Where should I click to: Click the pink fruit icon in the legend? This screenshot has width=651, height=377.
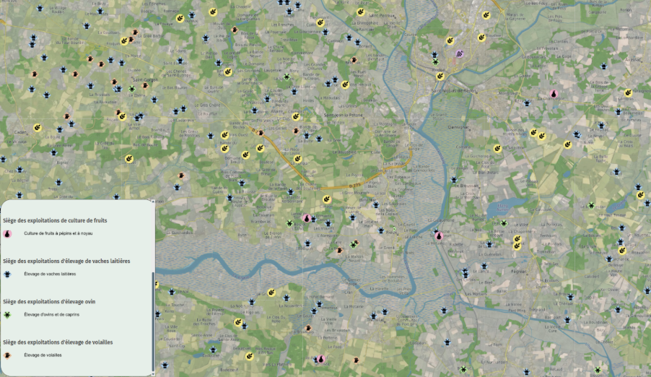click(x=7, y=234)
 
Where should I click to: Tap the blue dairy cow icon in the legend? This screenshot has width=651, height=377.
click(x=7, y=274)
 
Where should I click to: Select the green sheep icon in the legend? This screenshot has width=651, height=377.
click(x=7, y=315)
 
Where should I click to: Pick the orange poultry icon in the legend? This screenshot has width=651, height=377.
click(x=7, y=355)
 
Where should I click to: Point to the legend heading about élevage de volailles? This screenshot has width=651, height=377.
click(x=58, y=342)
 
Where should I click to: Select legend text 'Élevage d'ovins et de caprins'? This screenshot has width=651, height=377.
click(x=52, y=315)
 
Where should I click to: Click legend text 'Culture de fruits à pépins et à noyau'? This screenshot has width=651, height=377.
click(x=58, y=234)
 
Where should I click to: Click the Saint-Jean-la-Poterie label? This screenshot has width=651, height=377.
click(x=341, y=115)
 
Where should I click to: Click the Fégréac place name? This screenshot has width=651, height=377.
click(x=518, y=271)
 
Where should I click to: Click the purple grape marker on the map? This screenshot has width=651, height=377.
click(x=459, y=53)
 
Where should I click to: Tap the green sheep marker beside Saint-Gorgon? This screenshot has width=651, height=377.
click(x=131, y=89)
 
